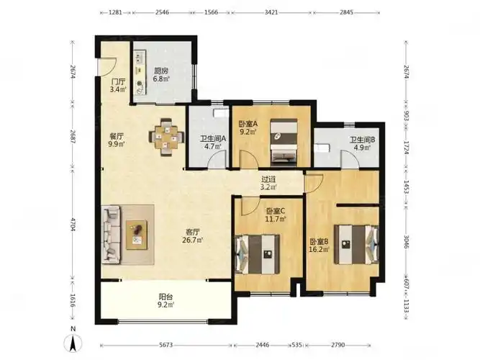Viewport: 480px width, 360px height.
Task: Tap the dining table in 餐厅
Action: click(166, 138)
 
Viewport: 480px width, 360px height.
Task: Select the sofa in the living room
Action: click(111, 235)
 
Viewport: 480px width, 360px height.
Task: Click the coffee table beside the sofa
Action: click(137, 235)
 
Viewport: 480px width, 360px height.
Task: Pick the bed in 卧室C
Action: click(257, 254)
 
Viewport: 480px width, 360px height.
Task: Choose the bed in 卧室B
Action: click(356, 245)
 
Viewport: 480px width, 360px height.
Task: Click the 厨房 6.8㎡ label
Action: click(161, 74)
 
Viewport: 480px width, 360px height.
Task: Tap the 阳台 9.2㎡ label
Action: click(166, 300)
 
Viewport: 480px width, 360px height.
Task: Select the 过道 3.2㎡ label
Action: click(268, 183)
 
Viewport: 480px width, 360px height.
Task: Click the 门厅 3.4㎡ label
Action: click(118, 86)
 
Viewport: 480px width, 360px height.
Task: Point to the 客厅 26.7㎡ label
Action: click(193, 235)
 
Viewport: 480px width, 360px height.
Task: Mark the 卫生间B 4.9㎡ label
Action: click(363, 143)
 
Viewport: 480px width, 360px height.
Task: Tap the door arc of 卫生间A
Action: click(217, 160)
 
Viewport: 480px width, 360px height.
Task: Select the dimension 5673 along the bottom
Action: click(166, 345)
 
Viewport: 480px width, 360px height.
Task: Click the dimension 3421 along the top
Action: click(271, 12)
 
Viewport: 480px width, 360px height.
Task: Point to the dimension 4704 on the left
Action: click(73, 224)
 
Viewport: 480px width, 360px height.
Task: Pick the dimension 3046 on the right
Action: click(406, 242)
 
